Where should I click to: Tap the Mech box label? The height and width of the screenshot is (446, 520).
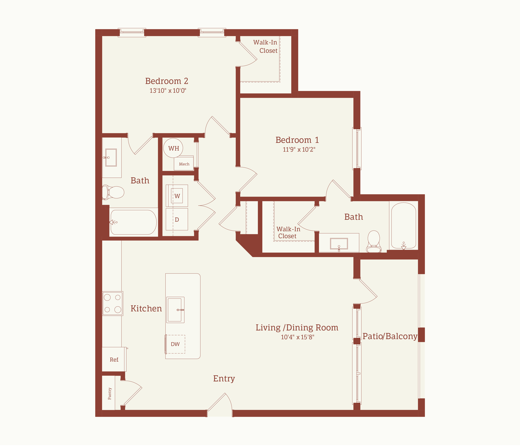184,164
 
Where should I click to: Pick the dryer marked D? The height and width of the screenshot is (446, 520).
177,219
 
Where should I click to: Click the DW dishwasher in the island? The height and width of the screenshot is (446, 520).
175,344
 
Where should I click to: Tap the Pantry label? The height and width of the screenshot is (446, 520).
110,394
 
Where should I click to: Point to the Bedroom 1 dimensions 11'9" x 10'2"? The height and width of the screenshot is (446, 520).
299,149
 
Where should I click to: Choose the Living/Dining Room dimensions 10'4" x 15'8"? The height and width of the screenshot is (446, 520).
297,337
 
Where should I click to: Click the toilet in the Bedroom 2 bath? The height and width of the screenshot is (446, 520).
113,192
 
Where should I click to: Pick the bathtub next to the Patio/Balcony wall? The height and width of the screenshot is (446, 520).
404,226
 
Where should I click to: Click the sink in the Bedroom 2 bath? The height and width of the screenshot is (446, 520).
111,157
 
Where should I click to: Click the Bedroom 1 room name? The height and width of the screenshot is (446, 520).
297,140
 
